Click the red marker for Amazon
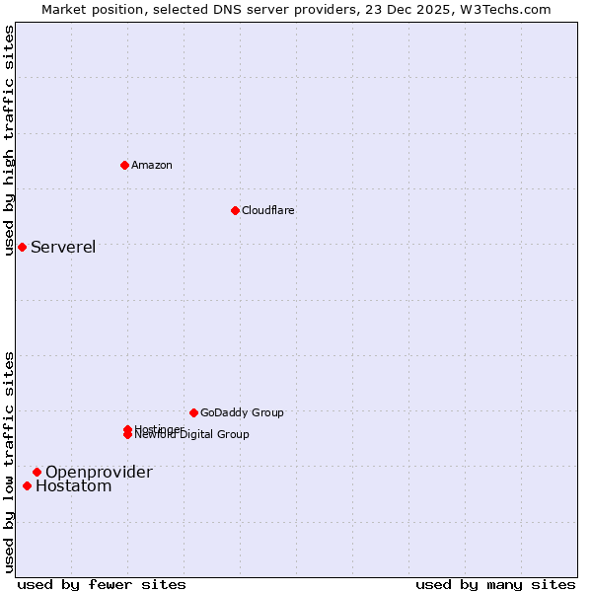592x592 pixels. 124,165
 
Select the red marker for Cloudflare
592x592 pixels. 235,210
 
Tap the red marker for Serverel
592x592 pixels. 22,247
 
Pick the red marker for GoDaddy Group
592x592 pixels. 193,412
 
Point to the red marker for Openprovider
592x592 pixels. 37,472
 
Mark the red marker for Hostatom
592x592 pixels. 27,485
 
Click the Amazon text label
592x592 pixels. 151,165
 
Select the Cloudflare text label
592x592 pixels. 267,210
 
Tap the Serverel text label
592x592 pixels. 63,247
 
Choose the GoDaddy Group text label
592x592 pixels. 242,412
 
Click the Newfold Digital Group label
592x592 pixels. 193,435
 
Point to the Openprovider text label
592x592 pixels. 99,472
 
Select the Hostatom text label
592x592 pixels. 74,485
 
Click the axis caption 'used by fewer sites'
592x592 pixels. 101,584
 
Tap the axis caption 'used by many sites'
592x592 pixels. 495,584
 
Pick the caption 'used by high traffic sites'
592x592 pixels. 9,140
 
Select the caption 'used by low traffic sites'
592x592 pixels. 9,462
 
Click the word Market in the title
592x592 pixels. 64,9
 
